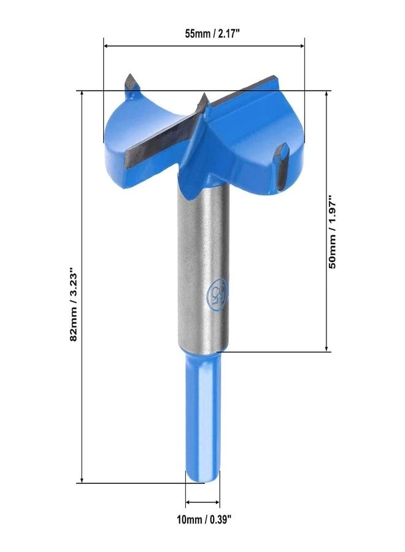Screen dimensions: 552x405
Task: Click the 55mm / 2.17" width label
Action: pyautogui.click(x=204, y=34)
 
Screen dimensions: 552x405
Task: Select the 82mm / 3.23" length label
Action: pyautogui.click(x=74, y=304)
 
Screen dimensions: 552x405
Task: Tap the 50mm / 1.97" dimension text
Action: pyautogui.click(x=332, y=232)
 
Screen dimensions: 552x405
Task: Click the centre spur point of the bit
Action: pyautogui.click(x=203, y=99)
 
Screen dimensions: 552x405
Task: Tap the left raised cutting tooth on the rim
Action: pyautogui.click(x=131, y=82)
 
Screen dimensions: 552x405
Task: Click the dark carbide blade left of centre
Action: pyautogui.click(x=163, y=138)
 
